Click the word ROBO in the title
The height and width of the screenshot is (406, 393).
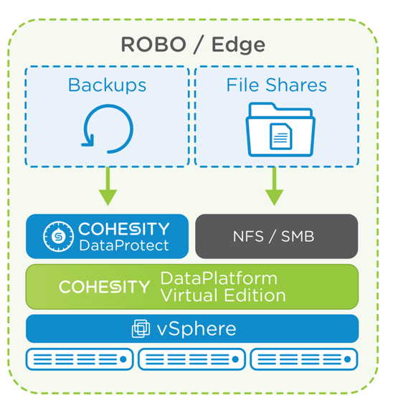click(x=153, y=44)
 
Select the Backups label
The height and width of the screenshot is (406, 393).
click(x=107, y=85)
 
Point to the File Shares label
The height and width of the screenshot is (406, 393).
click(x=277, y=85)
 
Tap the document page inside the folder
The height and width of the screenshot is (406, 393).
click(x=281, y=136)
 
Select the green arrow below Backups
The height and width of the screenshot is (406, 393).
click(x=108, y=187)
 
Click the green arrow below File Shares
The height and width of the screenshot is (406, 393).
click(x=275, y=187)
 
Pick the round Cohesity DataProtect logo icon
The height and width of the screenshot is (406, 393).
click(x=58, y=236)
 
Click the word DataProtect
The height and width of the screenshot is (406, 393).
click(x=124, y=245)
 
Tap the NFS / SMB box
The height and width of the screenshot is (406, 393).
click(x=277, y=236)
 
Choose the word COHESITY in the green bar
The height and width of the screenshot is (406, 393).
click(x=104, y=287)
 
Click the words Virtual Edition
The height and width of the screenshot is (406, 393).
click(x=223, y=296)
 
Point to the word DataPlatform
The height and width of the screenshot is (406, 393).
click(x=219, y=278)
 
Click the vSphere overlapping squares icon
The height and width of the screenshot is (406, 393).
click(x=141, y=329)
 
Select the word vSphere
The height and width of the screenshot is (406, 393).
click(x=196, y=329)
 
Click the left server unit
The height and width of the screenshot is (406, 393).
click(x=80, y=359)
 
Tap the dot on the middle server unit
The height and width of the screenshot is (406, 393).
click(x=235, y=359)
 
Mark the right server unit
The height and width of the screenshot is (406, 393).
click(x=304, y=359)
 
